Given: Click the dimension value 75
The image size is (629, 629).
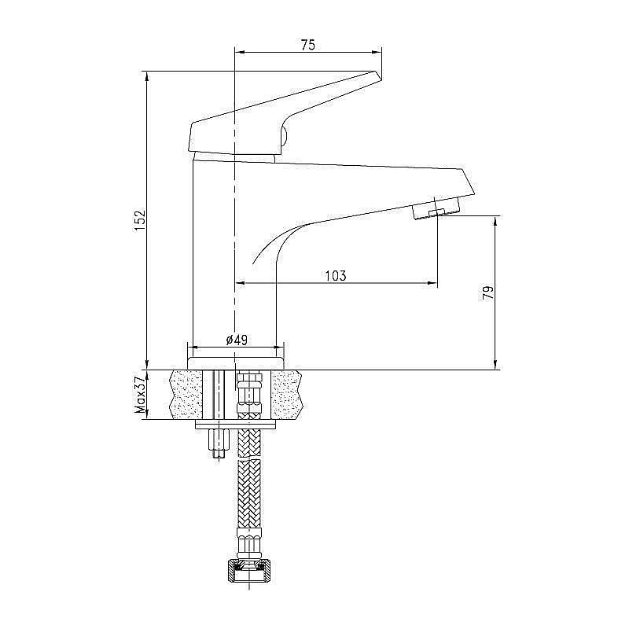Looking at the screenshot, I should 307,46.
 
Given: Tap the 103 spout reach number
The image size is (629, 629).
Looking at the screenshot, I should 336,275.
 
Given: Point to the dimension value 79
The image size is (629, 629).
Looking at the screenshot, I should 488,293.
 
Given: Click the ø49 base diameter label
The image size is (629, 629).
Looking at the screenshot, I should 236,340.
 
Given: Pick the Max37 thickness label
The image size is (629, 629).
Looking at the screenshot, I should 141,395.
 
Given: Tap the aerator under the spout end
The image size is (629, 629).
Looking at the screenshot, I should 435,210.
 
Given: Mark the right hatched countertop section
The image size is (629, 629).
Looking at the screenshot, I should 286,394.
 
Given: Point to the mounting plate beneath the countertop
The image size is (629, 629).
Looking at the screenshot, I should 235,425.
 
